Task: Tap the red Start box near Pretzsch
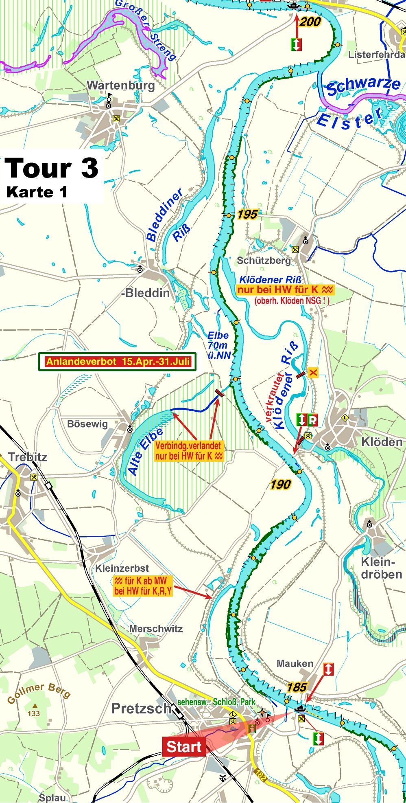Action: [x=184, y=747]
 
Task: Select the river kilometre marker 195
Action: [x=247, y=214]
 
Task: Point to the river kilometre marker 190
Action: [x=280, y=484]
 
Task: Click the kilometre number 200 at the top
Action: [x=310, y=22]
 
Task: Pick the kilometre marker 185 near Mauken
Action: [x=297, y=687]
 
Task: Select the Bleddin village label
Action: [x=146, y=293]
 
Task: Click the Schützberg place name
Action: [x=264, y=260]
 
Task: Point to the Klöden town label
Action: [x=382, y=442]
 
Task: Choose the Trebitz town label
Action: [x=28, y=457]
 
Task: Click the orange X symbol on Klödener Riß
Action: [x=313, y=372]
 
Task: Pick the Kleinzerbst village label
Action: [x=122, y=568]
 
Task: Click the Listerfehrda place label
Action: [x=376, y=55]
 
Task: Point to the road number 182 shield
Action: [x=261, y=775]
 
